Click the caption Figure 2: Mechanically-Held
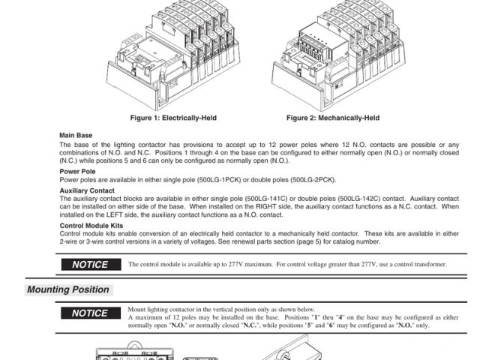[333, 118]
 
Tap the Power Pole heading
[77, 171]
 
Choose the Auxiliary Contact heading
[87, 190]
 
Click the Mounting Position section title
[68, 289]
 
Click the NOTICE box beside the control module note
[90, 264]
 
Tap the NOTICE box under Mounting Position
[90, 313]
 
